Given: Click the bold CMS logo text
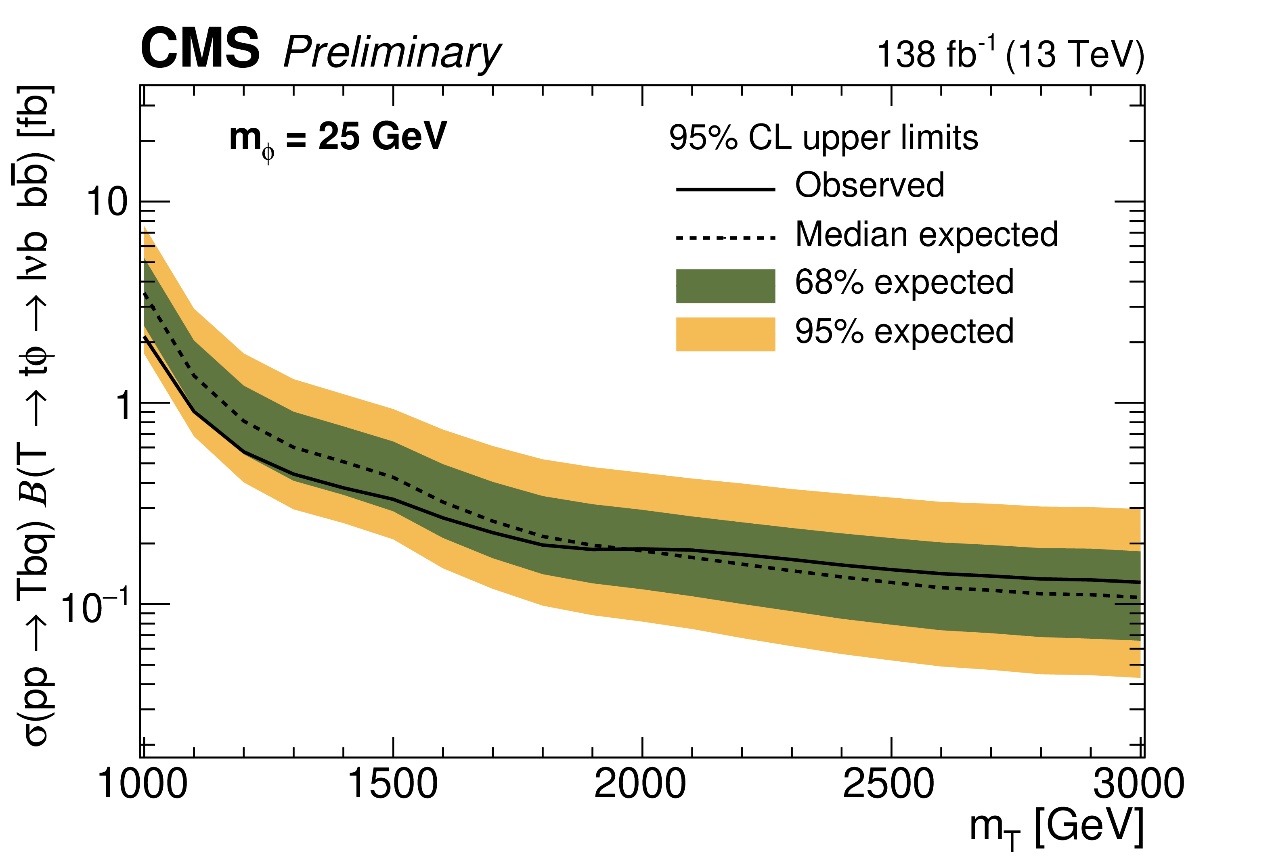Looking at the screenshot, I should tap(200, 49).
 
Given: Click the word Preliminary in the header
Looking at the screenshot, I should tap(392, 53).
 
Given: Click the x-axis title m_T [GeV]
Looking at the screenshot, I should tap(1056, 828).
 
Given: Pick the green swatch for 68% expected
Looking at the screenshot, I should tap(725, 286).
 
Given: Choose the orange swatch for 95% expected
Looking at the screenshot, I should tap(725, 334).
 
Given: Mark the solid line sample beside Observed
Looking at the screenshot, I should tap(725, 190).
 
